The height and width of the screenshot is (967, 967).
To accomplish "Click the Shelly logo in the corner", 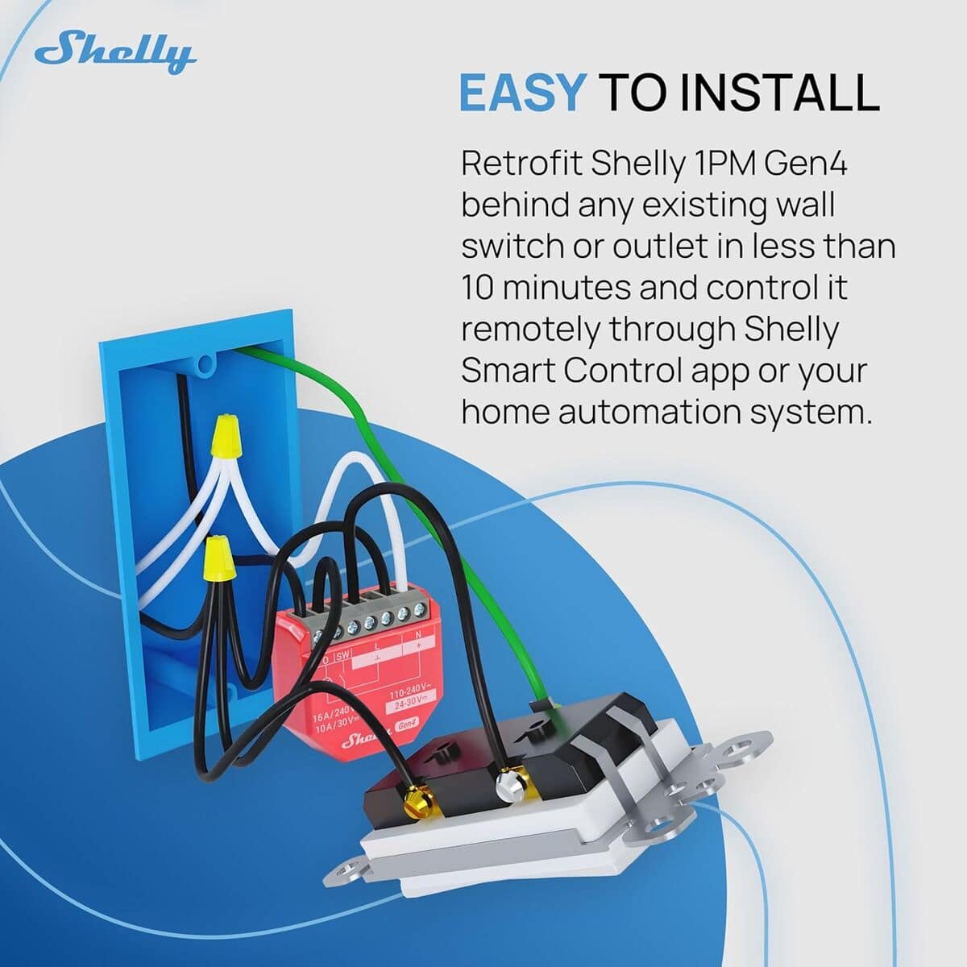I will pos(115,52).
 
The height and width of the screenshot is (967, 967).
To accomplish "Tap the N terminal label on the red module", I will pos(417,636).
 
